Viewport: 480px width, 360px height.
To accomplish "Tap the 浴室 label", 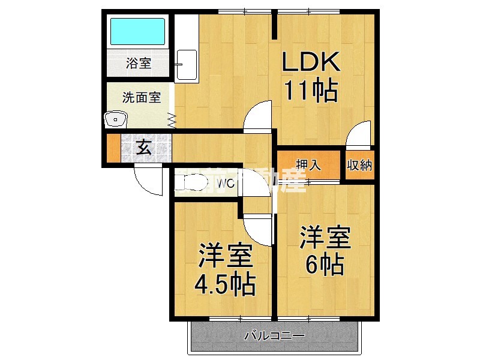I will point(139,63).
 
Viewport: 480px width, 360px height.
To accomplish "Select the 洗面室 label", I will point(142,97).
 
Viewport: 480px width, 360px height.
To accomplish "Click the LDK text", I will point(311,62).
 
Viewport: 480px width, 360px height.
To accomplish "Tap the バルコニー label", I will point(275,335).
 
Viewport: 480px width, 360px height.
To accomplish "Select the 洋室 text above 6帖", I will point(325,238).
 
